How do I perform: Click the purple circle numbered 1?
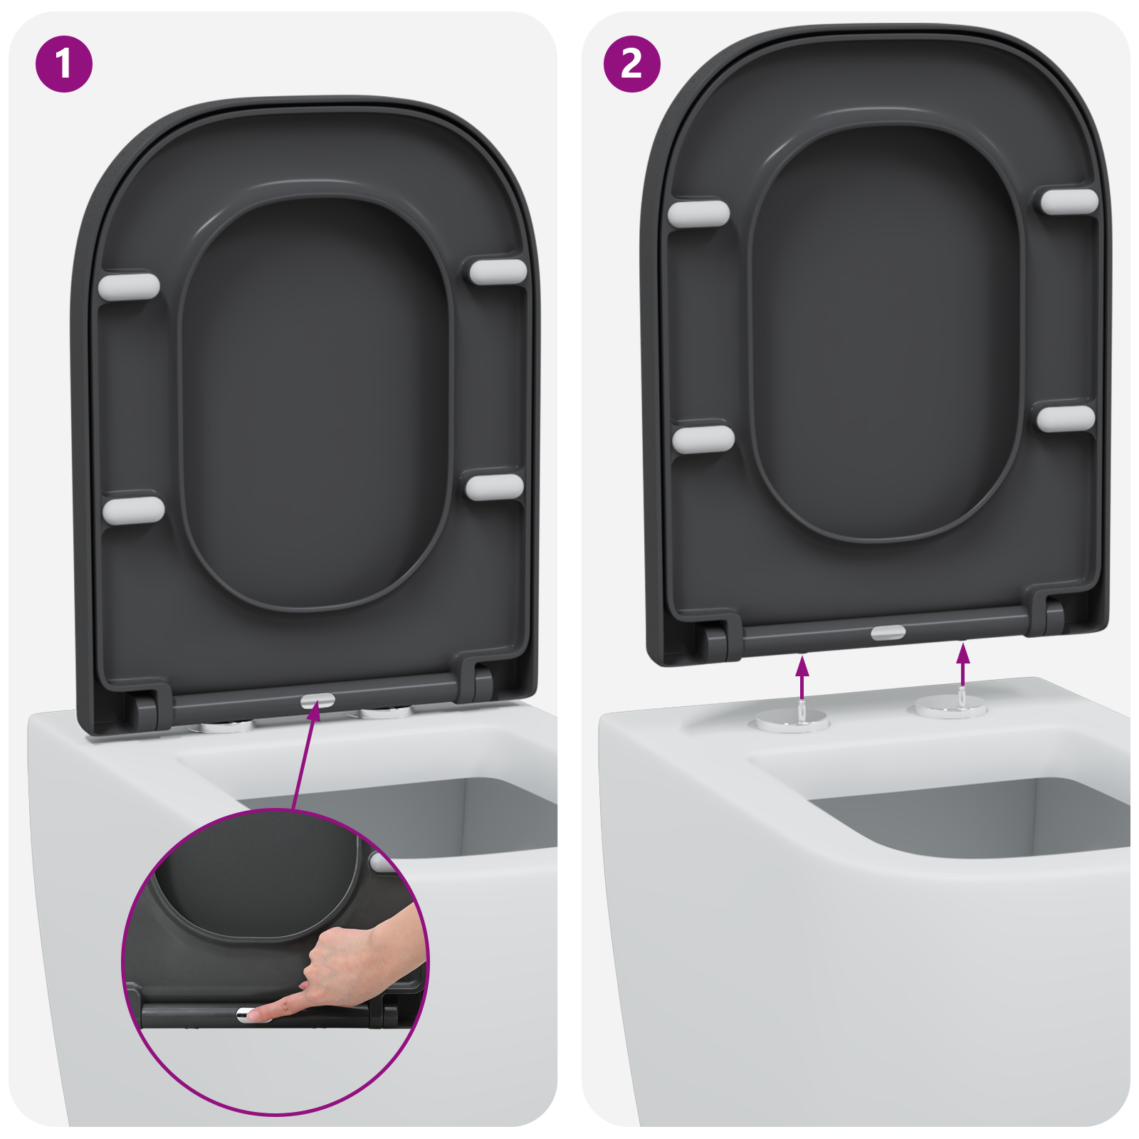[x=64, y=64]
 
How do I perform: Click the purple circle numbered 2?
[x=631, y=64]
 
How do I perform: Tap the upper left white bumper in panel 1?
[x=129, y=286]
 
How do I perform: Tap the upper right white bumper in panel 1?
[x=498, y=272]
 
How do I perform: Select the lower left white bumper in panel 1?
[x=133, y=510]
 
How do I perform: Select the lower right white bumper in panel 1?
[x=495, y=487]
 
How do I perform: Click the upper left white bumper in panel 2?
[x=698, y=214]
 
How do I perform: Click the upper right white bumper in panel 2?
[x=1069, y=201]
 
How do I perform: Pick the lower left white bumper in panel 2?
[x=703, y=439]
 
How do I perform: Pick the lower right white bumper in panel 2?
[x=1066, y=419]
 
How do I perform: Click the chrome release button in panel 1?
[x=317, y=701]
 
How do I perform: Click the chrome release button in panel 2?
[x=888, y=632]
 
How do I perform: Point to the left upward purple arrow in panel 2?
[x=803, y=676]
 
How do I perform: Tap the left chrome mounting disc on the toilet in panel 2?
[x=792, y=720]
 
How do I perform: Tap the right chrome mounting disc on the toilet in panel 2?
[x=951, y=708]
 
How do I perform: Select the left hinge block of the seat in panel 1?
[x=145, y=710]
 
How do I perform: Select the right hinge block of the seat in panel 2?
[x=1054, y=617]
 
